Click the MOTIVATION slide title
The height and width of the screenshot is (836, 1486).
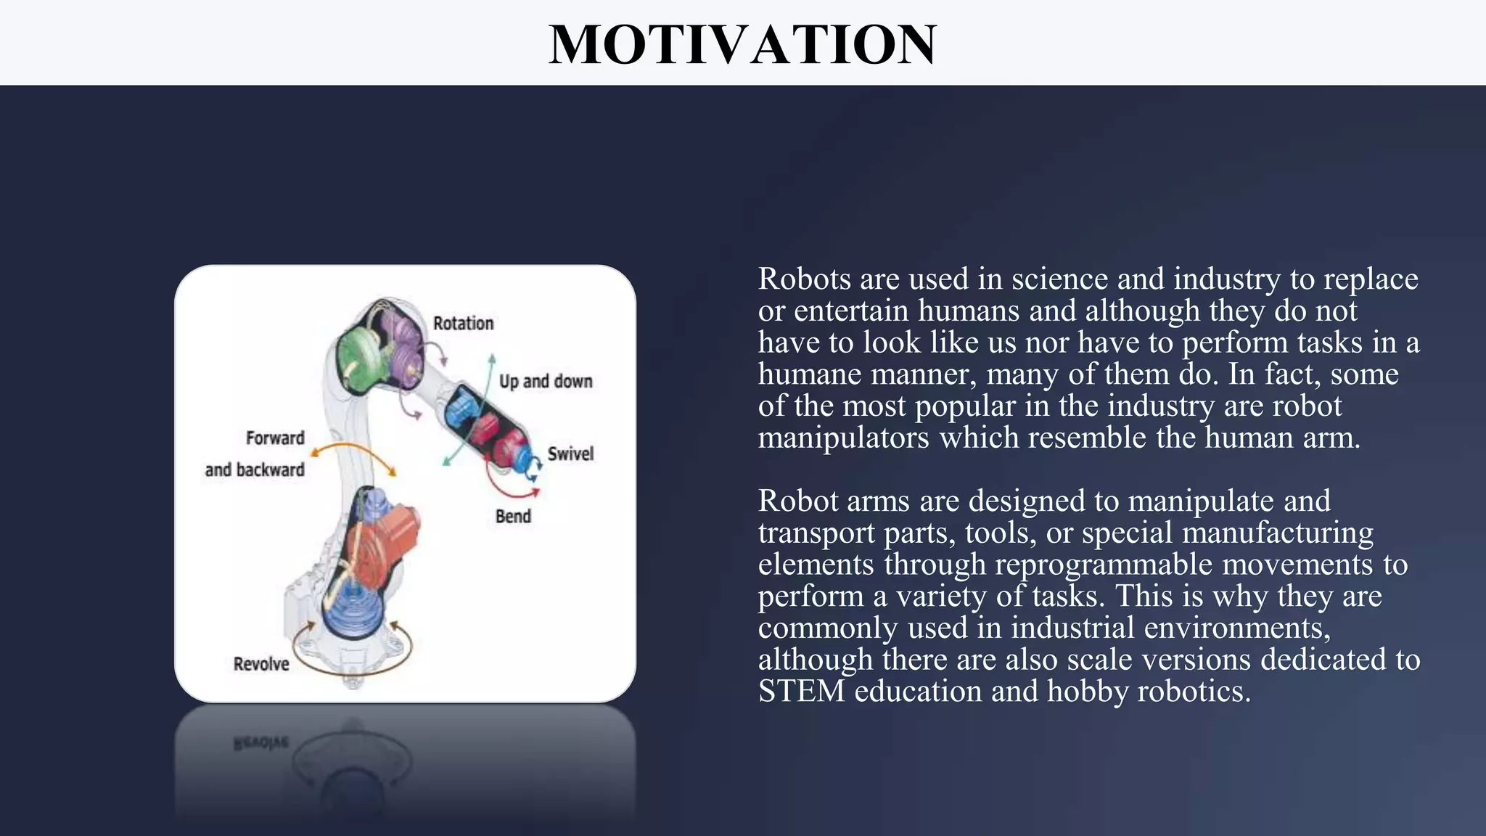pyautogui.click(x=742, y=45)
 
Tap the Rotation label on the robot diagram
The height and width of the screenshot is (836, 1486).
pyautogui.click(x=463, y=324)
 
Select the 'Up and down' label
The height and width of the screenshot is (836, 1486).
pyautogui.click(x=546, y=382)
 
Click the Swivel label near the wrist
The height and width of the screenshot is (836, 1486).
pyautogui.click(x=570, y=454)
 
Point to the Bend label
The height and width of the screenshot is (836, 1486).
pyautogui.click(x=513, y=517)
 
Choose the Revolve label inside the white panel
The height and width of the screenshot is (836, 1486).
pyautogui.click(x=261, y=664)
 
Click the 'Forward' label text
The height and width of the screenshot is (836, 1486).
pyautogui.click(x=275, y=438)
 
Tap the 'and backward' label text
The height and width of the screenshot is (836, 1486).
pyautogui.click(x=255, y=470)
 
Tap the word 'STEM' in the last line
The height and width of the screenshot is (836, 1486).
pyautogui.click(x=801, y=691)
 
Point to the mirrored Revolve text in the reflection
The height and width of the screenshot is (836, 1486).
pyautogui.click(x=261, y=743)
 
